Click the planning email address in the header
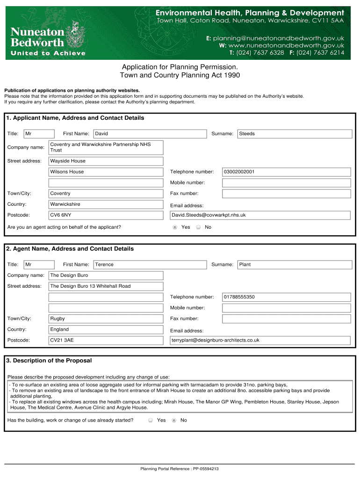279,38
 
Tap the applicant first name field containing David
150,134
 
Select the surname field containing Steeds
295,134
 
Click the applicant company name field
106,147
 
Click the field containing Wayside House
106,161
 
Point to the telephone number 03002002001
286,172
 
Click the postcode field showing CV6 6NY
106,215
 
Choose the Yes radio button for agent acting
175,227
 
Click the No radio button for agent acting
198,227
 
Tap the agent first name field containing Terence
150,265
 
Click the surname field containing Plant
295,265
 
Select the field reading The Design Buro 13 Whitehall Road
106,286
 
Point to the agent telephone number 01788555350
286,297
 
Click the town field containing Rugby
106,319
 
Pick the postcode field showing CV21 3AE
106,341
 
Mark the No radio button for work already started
174,421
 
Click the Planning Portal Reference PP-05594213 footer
180,469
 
